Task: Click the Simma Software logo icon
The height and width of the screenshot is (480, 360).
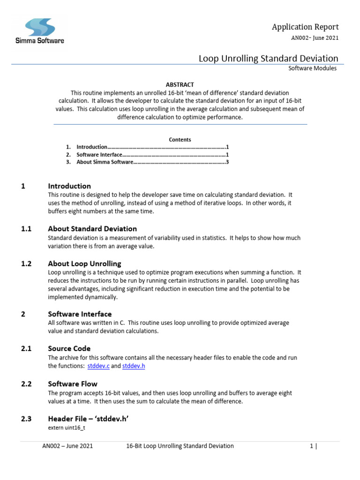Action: point(40,27)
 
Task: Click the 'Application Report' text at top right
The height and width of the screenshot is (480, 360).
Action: point(305,27)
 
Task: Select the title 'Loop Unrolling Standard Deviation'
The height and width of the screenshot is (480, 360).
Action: point(268,59)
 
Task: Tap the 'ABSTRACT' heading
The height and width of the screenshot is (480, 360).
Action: point(180,85)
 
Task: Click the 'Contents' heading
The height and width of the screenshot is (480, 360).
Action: point(180,140)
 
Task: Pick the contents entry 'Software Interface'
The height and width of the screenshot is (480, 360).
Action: point(99,155)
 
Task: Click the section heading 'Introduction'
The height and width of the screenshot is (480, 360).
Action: point(69,186)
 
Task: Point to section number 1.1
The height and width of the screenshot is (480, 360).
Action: point(26,229)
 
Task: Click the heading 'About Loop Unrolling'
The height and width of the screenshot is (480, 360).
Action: point(84,263)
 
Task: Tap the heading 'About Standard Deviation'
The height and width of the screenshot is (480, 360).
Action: point(92,229)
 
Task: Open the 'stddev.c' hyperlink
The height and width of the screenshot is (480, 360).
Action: point(98,366)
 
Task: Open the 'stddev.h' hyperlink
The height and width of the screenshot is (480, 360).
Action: point(134,366)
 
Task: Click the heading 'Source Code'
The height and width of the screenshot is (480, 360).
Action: point(69,348)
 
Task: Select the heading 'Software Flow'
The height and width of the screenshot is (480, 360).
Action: point(73,384)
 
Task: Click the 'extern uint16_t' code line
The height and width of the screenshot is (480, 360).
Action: point(67,428)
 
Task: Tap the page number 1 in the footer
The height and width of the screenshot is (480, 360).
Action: point(311,446)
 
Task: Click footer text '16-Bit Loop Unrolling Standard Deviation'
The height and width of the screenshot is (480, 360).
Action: point(180,446)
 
